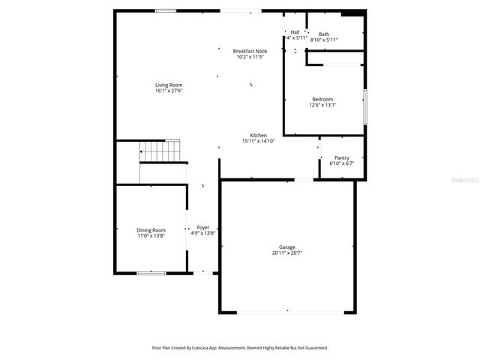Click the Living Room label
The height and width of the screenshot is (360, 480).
coord(169,85)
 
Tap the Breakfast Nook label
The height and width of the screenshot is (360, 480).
coord(250,51)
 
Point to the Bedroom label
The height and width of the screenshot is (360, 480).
coord(322,99)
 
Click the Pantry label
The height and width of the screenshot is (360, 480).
coord(342,157)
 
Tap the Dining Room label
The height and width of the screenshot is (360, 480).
coord(151,230)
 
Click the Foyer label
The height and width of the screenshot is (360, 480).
coord(203,227)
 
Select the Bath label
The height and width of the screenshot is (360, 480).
coord(323,34)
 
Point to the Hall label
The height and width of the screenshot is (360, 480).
coord(295,31)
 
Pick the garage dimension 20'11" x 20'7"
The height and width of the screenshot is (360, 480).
coord(287,253)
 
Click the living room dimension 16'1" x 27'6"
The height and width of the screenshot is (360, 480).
coord(169,91)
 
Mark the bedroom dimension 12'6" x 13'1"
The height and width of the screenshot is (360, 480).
coord(322,105)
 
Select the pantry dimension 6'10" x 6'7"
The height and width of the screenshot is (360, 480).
coord(342,163)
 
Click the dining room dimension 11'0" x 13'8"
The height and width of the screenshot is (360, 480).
coord(151,236)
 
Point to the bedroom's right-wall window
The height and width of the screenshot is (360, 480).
coord(365,106)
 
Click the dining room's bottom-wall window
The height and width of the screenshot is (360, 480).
coord(151,273)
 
